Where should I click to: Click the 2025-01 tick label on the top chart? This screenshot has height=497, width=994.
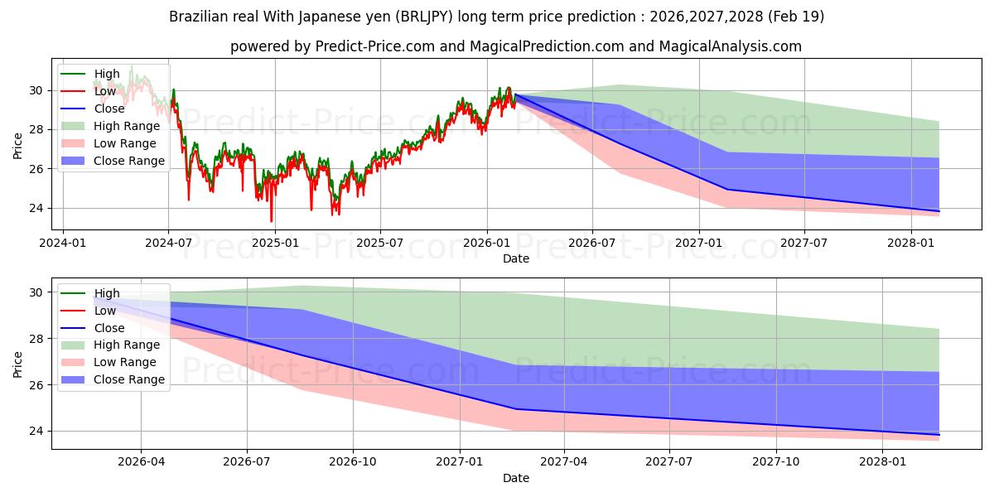coord(275,244)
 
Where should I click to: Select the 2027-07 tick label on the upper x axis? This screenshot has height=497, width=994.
coord(803,244)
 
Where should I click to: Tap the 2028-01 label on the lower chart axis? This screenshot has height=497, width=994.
coord(883,462)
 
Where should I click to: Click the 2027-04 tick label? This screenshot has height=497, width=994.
coord(563,462)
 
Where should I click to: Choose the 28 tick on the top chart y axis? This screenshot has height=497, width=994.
coord(36,129)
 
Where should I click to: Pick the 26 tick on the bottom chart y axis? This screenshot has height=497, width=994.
coord(36,385)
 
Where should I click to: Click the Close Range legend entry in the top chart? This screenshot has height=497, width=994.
coord(113,161)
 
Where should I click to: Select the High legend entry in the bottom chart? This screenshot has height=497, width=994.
coord(90,293)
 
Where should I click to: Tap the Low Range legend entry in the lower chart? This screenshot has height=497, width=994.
coord(109,362)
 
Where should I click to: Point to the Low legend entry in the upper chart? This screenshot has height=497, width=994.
coord(88,91)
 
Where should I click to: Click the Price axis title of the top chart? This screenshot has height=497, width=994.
coord(17,146)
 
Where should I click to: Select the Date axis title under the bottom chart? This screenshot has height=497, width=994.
coord(515,478)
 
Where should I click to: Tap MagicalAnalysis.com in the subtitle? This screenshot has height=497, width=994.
coord(730,46)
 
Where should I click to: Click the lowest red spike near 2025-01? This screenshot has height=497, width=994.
coord(271,221)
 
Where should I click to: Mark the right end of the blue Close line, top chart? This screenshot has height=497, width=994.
coord(939,211)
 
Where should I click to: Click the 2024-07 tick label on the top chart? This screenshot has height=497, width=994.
coord(169,244)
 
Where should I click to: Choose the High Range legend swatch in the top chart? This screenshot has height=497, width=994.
coord(73,126)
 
